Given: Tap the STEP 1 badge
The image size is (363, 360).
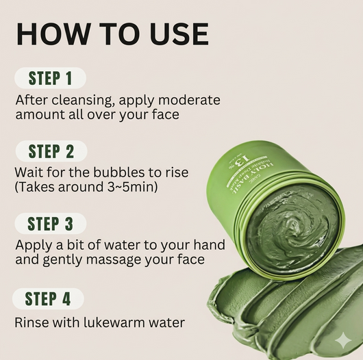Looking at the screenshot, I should (x=50, y=77).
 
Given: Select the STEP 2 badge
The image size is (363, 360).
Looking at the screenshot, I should (x=51, y=151).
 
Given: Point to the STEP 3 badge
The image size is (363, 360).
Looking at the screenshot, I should (x=51, y=223).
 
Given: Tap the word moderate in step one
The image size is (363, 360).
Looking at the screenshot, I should (x=189, y=100).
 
